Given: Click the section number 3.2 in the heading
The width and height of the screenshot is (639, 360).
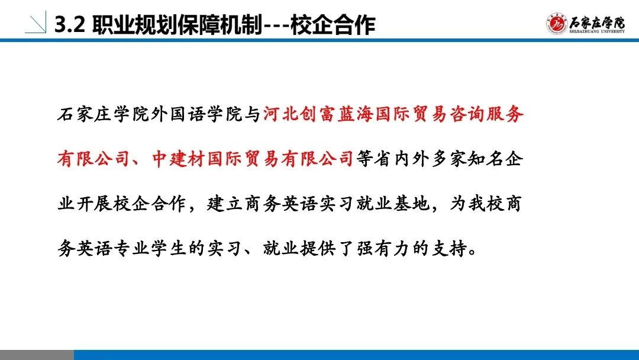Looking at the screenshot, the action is pos(70,24).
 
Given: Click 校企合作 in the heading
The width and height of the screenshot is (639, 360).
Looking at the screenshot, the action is pos(333,24).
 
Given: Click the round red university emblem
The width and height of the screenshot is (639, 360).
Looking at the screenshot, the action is pos(557,23).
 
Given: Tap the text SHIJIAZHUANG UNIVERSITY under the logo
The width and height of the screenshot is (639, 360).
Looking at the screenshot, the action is pos(597,31).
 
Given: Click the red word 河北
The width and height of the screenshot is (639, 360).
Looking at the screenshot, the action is pos(280,114).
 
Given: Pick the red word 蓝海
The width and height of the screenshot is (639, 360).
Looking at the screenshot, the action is pos(356,114).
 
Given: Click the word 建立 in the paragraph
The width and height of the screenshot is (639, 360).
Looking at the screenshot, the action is pos(225,203).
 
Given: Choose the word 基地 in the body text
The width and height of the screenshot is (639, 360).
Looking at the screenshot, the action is pos(412,203).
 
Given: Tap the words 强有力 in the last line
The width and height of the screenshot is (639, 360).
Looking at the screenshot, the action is pos(383,247).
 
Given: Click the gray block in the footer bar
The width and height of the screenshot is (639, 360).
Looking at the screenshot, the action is pos(37,355).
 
